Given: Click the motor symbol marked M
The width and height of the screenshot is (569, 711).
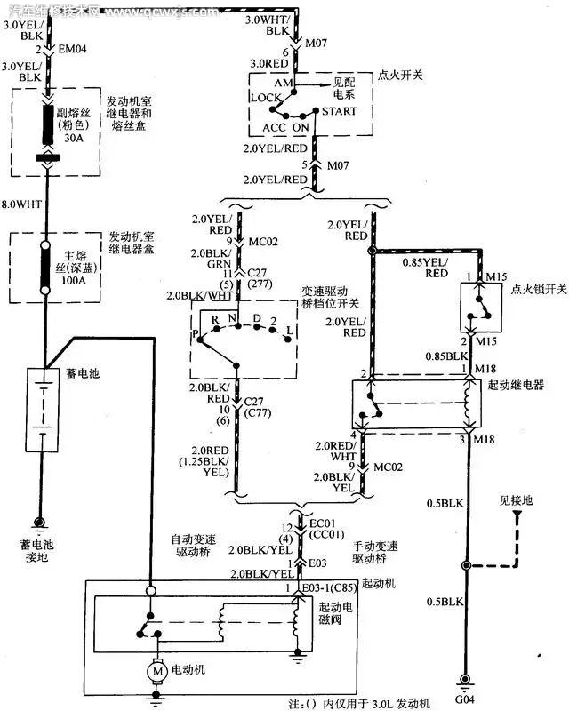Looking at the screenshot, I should (157, 672).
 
